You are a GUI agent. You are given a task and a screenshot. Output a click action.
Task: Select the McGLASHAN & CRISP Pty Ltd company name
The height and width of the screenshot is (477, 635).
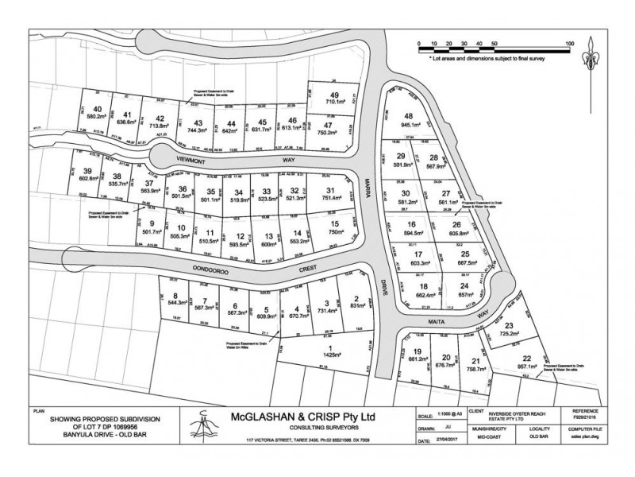pos(302,417)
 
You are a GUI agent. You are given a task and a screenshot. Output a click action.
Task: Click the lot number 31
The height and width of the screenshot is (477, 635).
pos(329,190)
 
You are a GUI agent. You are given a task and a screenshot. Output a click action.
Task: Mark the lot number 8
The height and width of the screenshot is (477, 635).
pos(174,296)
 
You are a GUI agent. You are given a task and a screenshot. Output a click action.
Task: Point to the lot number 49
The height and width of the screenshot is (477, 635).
pos(334,95)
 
